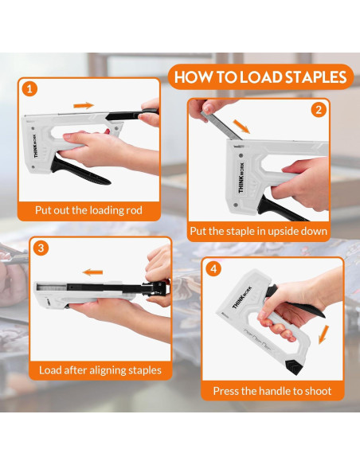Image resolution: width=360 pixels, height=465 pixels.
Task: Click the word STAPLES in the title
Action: pyautogui.click(x=316, y=76)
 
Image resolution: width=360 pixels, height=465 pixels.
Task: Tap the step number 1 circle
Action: pyautogui.click(x=29, y=89)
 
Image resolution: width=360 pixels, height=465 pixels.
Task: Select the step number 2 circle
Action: pyautogui.click(x=319, y=110)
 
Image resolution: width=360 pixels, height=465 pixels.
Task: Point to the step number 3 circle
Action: pyautogui.click(x=41, y=248)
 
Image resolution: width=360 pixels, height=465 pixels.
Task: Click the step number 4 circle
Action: pyautogui.click(x=213, y=269)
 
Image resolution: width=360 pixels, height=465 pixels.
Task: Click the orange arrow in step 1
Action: pyautogui.click(x=84, y=105)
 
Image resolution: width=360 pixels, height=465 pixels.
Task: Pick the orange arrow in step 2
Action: pyautogui.click(x=241, y=127)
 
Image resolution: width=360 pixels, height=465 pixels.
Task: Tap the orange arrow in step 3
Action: pyautogui.click(x=93, y=272)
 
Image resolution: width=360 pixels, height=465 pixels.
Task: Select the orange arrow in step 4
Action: pyautogui.click(x=323, y=334)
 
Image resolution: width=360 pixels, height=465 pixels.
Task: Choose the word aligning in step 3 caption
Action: pyautogui.click(x=108, y=370)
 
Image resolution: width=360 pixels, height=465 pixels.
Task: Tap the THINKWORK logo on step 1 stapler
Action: pyautogui.click(x=36, y=147)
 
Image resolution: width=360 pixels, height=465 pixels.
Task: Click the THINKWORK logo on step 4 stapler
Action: pyautogui.click(x=241, y=297)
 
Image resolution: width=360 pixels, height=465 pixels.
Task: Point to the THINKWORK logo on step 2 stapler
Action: pyautogui.click(x=241, y=178)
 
